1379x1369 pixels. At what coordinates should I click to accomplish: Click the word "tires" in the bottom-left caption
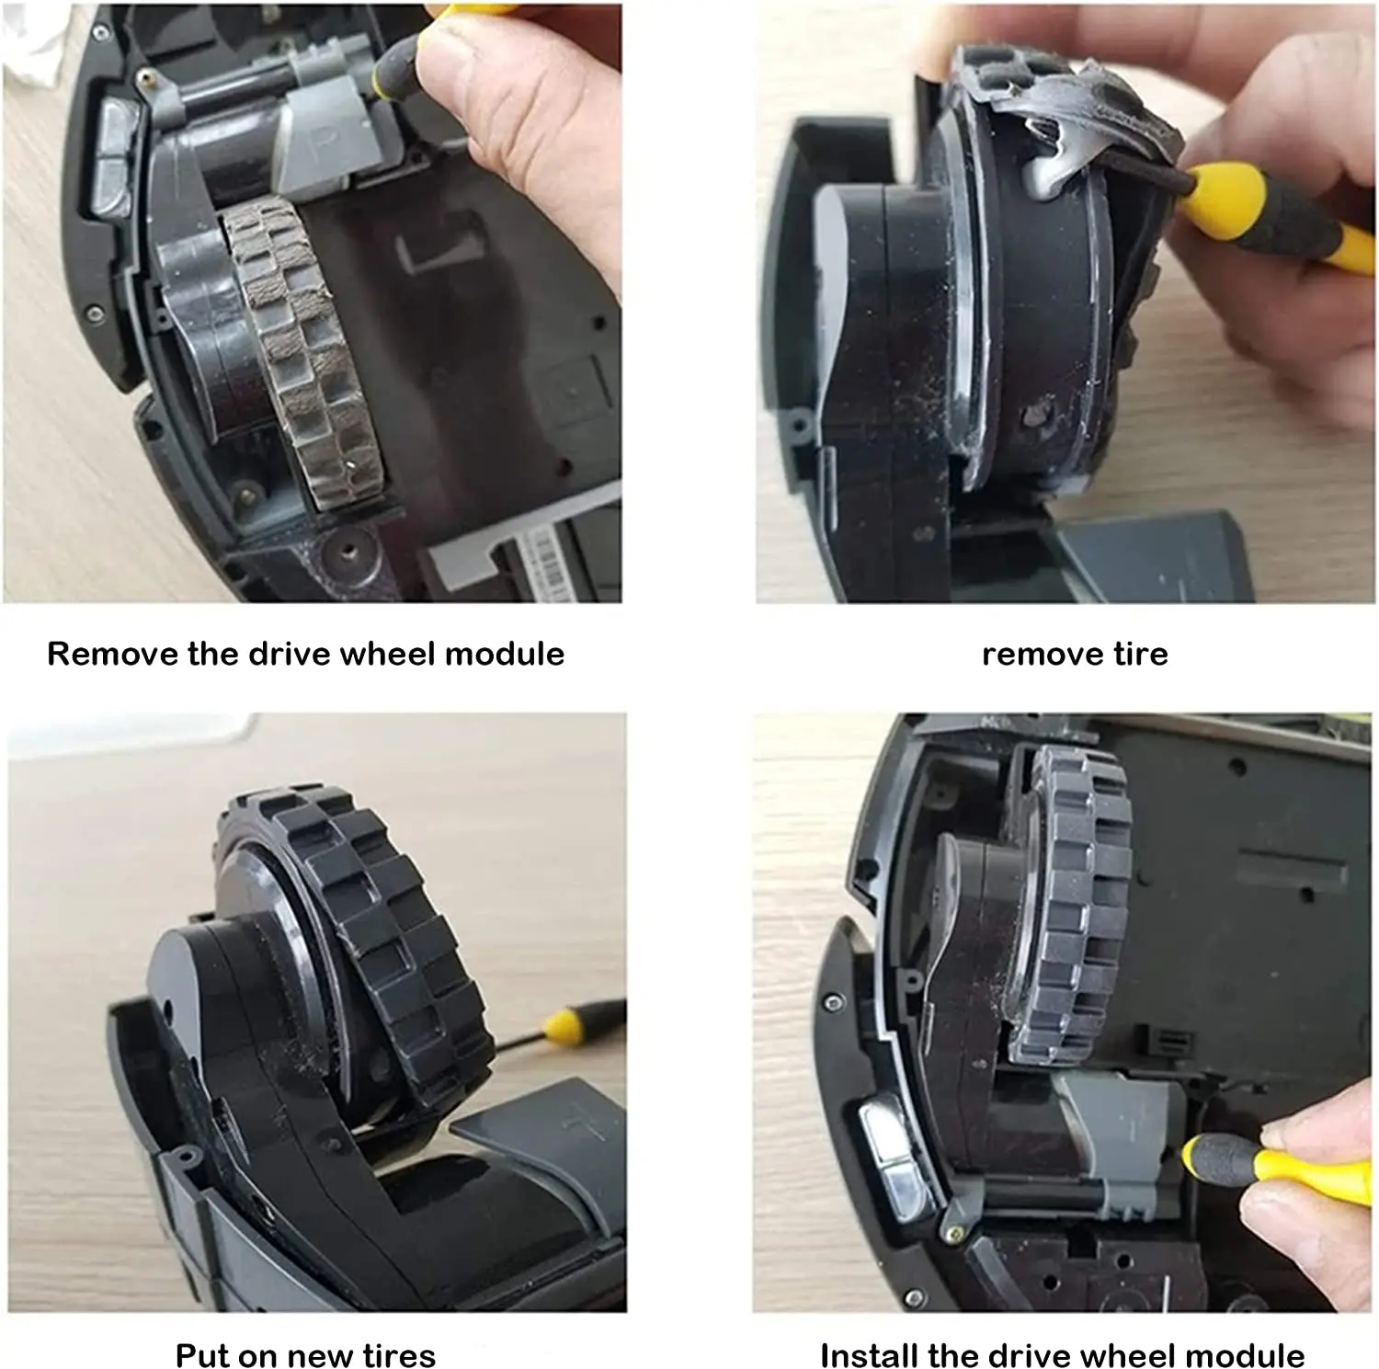coord(399,1355)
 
